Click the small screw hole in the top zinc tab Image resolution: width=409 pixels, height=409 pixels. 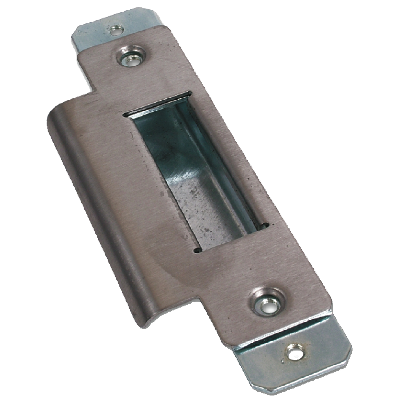click(x=116, y=29)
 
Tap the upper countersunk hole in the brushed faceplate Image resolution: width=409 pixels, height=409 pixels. click(x=131, y=58)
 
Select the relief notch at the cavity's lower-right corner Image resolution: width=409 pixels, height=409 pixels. click(x=266, y=224)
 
